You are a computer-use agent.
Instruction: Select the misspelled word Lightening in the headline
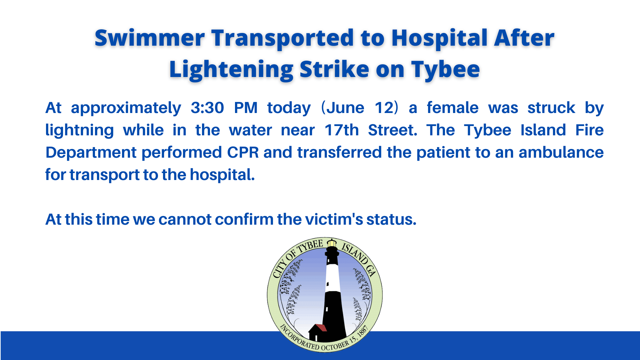(x=231, y=69)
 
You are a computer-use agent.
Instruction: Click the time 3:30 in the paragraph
(x=207, y=108)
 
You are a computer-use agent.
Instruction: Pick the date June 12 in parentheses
(x=360, y=108)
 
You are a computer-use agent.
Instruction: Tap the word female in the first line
(x=452, y=108)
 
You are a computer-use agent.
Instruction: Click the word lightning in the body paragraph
(x=79, y=130)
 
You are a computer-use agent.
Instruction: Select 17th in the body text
(x=341, y=130)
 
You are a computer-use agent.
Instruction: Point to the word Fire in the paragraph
(x=589, y=130)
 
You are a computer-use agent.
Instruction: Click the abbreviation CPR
(x=243, y=153)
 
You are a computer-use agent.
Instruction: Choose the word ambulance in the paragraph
(x=561, y=153)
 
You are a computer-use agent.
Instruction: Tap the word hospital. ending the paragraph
(x=222, y=175)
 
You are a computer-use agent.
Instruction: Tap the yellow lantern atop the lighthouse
(x=332, y=243)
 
